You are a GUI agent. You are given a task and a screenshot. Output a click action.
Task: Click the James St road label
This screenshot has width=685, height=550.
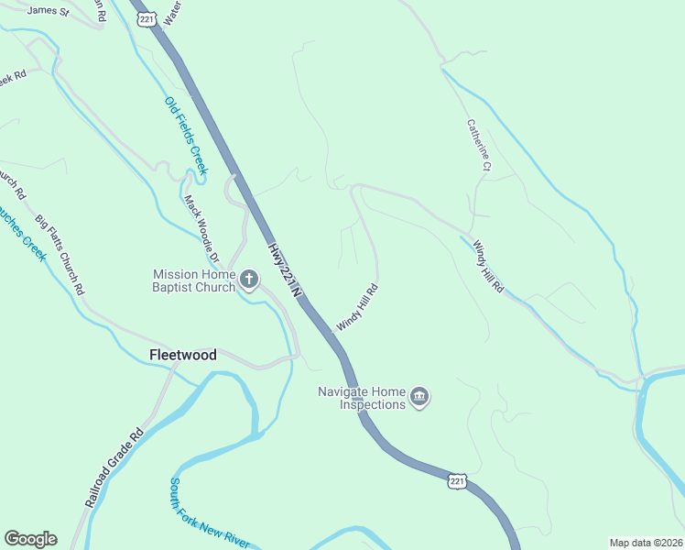49,11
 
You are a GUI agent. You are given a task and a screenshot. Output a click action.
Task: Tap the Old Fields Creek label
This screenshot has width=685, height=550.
186,136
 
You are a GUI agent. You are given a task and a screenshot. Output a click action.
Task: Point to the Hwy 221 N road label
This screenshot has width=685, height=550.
285,270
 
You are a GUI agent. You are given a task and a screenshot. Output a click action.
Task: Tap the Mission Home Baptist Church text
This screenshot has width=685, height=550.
194,280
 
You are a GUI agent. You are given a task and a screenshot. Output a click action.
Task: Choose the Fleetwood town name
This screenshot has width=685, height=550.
183,355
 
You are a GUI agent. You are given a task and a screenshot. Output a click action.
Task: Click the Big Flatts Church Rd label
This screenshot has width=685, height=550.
60,254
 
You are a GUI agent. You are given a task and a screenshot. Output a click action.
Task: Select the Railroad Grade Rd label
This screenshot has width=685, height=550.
114,468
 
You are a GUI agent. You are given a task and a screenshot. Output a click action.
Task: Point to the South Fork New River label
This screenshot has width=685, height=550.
208,513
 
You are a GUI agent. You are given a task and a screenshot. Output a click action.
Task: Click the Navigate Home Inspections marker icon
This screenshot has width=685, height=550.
419,398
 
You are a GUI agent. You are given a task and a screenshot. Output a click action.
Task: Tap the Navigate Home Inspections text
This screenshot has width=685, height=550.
361,398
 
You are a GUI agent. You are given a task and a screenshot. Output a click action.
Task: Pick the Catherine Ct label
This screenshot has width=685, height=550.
479,145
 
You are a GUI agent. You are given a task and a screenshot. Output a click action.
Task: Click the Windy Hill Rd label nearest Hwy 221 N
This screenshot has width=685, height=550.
357,307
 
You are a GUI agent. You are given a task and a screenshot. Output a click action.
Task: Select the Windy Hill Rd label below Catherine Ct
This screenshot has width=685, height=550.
488,266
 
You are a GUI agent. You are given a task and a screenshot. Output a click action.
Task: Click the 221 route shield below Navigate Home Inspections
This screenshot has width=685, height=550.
459,480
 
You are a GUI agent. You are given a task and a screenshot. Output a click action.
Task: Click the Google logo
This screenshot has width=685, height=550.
30,539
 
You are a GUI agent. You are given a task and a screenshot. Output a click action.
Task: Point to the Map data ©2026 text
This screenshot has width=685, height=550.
646,543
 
